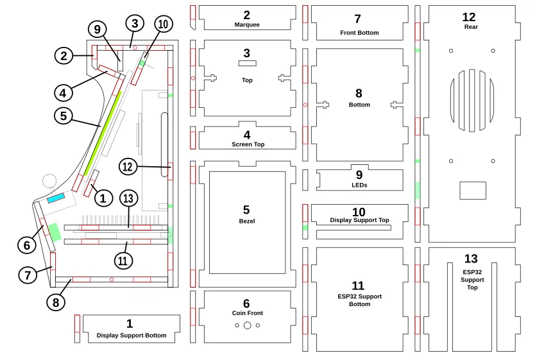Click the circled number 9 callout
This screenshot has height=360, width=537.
[x=98, y=30]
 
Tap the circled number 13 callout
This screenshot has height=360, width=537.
[x=128, y=198]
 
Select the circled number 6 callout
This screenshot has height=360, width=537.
[x=27, y=245]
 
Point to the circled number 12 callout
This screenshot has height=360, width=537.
[x=128, y=167]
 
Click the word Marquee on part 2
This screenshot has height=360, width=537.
[x=247, y=24]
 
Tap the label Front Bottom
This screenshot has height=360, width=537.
[x=359, y=33]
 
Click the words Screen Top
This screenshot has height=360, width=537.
[x=248, y=144]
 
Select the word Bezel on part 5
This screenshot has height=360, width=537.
[x=247, y=221]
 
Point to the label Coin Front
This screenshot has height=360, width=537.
[x=247, y=313]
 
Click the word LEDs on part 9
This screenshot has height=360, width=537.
[x=359, y=185]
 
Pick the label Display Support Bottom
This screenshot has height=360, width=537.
[x=132, y=336]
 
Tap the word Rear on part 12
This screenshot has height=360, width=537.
[x=471, y=27]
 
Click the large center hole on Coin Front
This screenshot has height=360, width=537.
[x=247, y=325]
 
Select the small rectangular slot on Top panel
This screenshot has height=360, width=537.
[x=247, y=63]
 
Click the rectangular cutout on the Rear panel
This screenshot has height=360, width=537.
[x=473, y=191]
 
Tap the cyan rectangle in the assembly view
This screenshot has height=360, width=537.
[x=56, y=198]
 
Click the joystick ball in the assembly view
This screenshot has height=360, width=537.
[x=49, y=181]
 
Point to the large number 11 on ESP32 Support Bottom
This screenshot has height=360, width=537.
[x=358, y=286]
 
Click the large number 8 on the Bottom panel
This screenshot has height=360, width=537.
[x=359, y=93]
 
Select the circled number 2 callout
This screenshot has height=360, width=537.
[x=64, y=56]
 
